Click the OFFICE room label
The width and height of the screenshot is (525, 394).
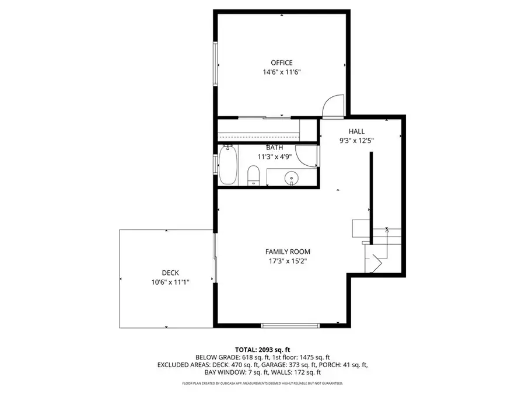pyautogui.click(x=281, y=62)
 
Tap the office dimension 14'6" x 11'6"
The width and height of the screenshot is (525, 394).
pyautogui.click(x=281, y=72)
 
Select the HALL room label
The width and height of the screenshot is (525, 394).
pyautogui.click(x=356, y=131)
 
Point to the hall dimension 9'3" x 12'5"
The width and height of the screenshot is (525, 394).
pyautogui.click(x=356, y=141)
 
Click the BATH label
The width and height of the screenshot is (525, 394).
pyautogui.click(x=274, y=148)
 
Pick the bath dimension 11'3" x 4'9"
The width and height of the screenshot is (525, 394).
pyautogui.click(x=274, y=157)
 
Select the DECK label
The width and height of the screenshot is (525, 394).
pyautogui.click(x=170, y=273)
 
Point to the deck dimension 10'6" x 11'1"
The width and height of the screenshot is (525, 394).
pyautogui.click(x=170, y=282)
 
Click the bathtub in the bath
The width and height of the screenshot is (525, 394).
pyautogui.click(x=228, y=165)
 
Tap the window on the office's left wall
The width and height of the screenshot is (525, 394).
pyautogui.click(x=216, y=64)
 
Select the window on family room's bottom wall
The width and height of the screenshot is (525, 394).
pyautogui.click(x=290, y=325)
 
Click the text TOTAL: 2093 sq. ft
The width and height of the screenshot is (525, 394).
pyautogui.click(x=262, y=348)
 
